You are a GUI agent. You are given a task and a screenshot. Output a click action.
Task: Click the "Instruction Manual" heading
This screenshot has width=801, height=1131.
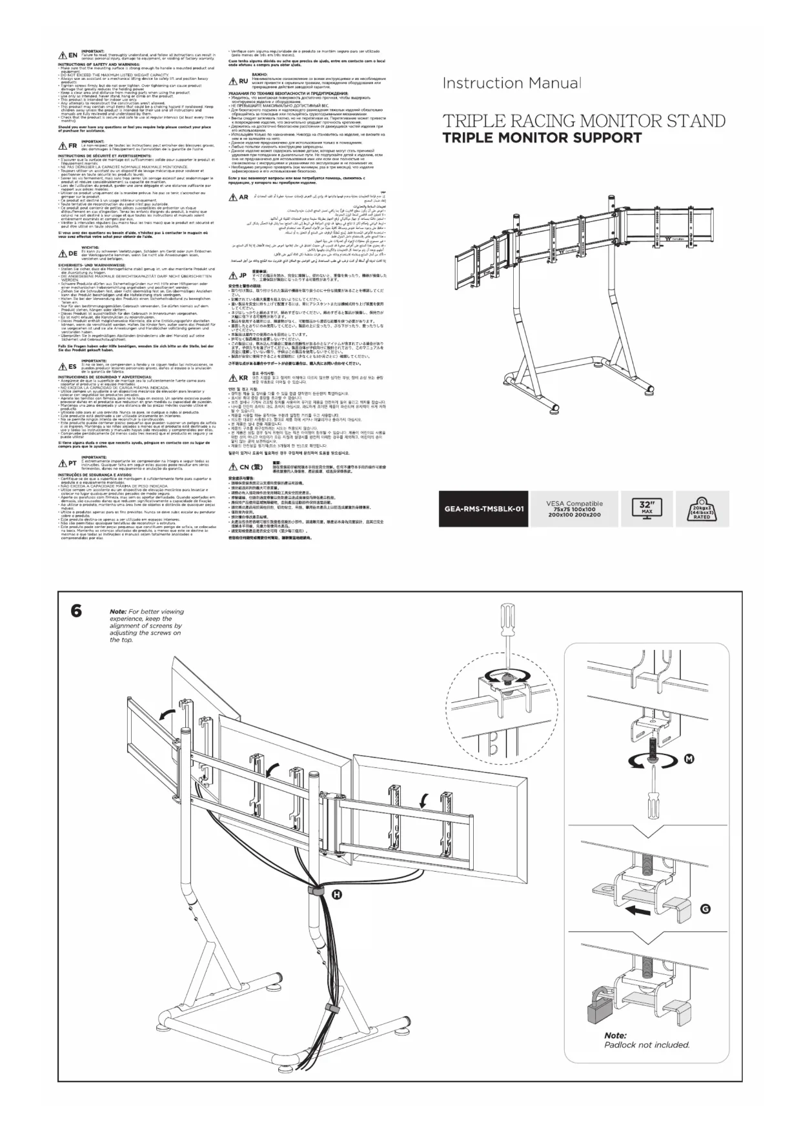(x=511, y=83)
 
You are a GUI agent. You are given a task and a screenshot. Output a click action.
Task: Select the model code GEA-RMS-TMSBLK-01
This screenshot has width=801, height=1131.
(x=483, y=509)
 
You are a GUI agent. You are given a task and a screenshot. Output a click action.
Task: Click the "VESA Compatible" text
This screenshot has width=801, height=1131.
(x=574, y=504)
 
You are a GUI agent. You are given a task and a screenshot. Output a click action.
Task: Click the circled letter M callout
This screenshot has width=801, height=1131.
(x=689, y=759)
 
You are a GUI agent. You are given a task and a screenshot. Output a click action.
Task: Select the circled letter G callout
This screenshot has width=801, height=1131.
(x=705, y=909)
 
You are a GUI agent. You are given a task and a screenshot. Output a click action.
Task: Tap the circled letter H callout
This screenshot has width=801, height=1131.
(x=336, y=894)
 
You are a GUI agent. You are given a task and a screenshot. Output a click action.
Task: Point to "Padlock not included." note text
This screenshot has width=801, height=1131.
(x=647, y=1045)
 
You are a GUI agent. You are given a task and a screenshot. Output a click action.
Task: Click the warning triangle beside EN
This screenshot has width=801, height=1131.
(x=62, y=55)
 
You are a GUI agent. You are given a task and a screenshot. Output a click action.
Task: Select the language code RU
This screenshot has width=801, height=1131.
(x=243, y=81)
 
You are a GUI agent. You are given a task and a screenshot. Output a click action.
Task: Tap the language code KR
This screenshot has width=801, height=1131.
(x=243, y=378)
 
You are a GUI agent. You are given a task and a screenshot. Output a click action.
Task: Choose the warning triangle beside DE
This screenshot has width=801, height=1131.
(x=62, y=253)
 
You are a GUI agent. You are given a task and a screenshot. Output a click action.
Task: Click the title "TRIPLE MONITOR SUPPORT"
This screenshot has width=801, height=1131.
(x=542, y=137)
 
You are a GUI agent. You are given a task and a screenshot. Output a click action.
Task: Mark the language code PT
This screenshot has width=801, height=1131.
(x=72, y=463)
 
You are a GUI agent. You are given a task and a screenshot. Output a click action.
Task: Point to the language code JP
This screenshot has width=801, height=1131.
(x=243, y=275)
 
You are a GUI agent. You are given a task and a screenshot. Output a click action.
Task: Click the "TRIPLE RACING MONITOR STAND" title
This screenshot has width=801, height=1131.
(x=583, y=121)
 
